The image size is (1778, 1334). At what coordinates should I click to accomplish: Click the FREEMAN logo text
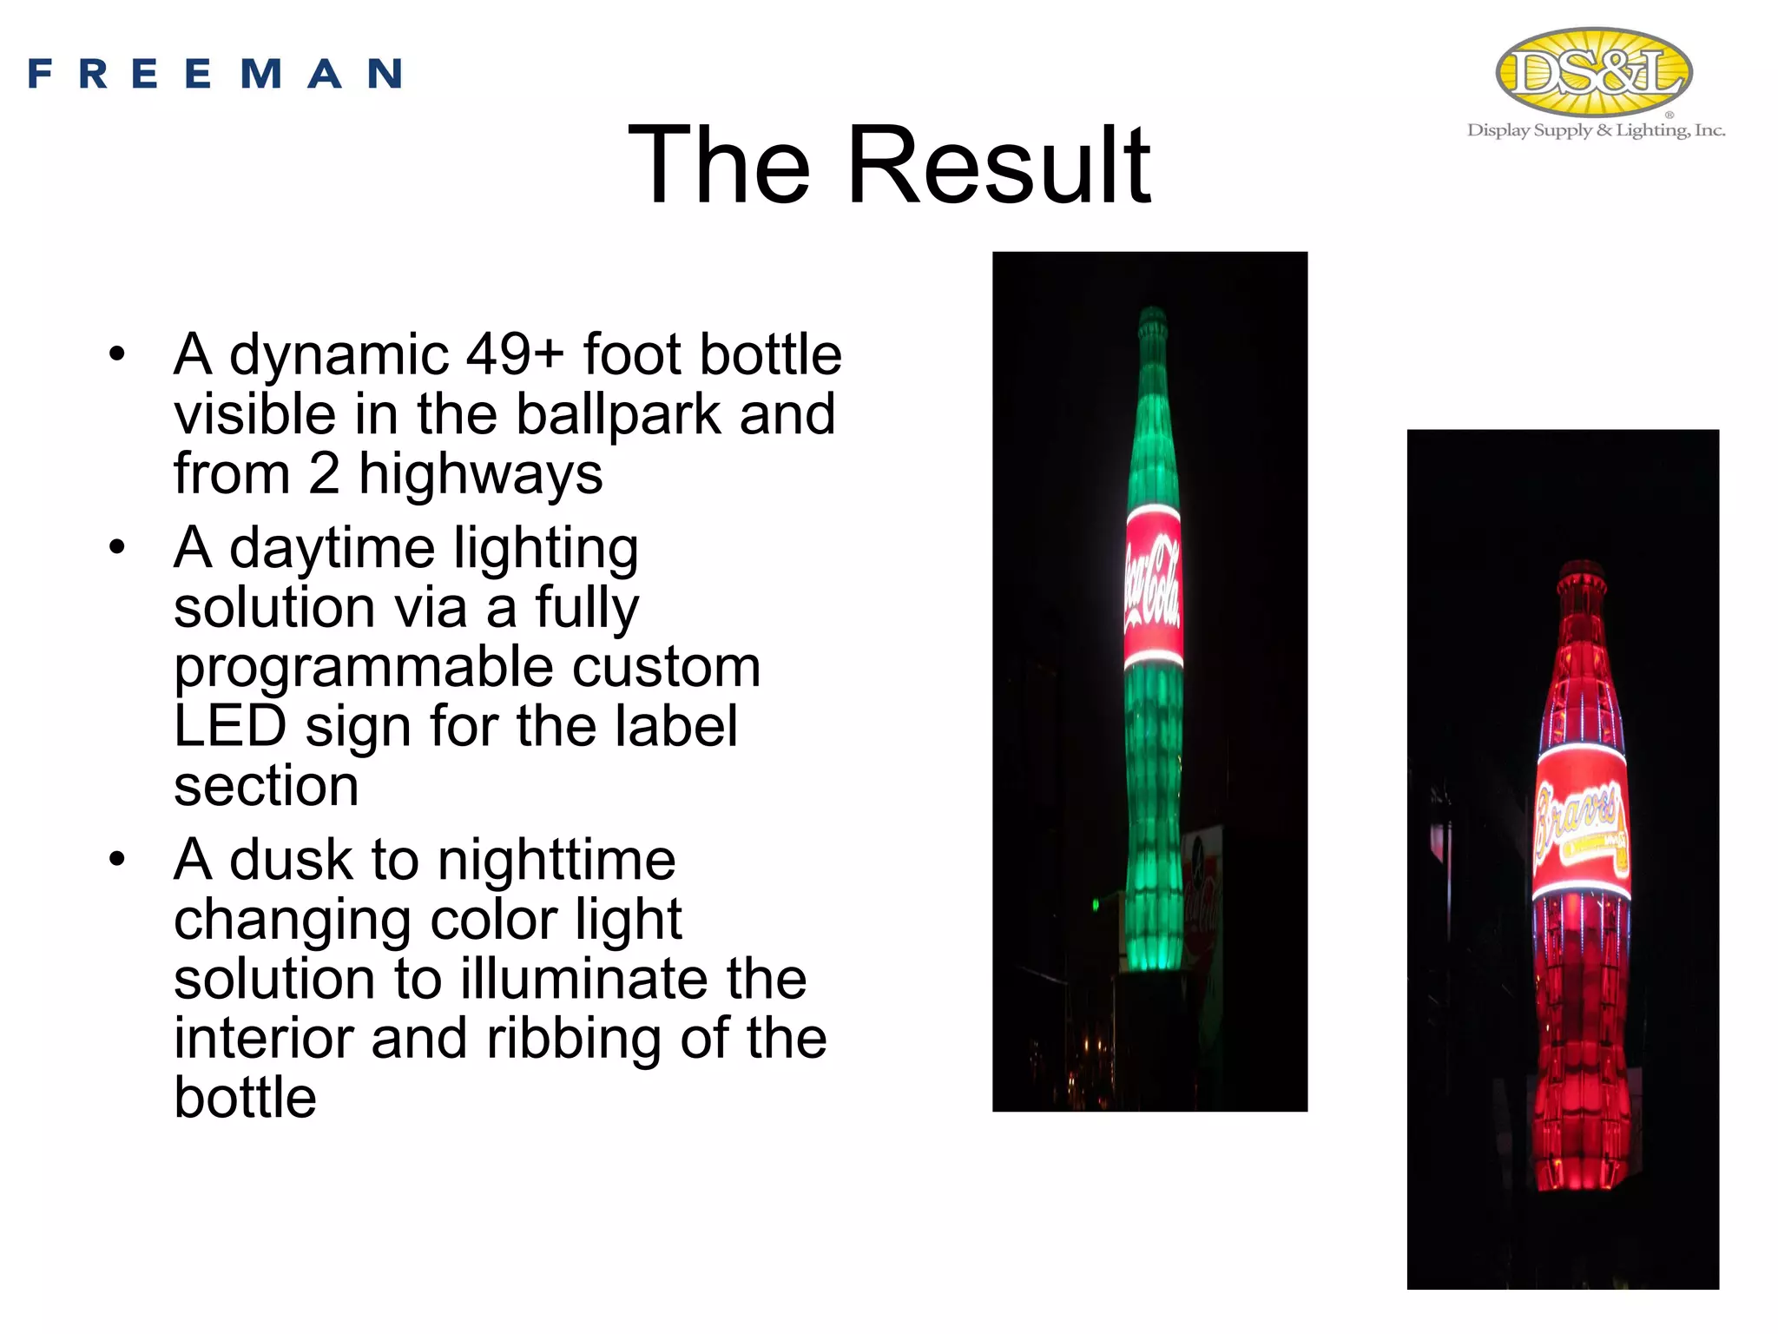(215, 74)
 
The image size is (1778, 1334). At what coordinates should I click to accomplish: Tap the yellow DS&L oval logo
(1594, 71)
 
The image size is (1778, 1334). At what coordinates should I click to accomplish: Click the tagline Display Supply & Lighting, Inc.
(1596, 130)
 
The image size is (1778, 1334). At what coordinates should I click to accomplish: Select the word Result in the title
(998, 165)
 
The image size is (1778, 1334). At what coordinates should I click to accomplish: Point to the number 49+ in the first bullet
(515, 354)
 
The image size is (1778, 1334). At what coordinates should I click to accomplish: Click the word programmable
(364, 667)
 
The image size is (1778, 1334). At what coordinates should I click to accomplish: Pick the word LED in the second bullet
(230, 726)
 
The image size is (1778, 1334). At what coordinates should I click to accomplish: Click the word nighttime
(556, 860)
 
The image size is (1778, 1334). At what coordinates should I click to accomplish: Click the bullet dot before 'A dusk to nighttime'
(117, 860)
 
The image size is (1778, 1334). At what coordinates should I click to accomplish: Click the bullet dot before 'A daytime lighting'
(117, 548)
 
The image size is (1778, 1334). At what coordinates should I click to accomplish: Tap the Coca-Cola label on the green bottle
(1153, 586)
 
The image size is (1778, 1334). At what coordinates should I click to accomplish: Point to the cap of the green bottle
(1152, 318)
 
